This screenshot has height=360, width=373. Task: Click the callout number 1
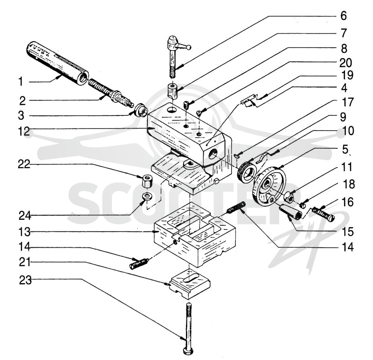(21, 82)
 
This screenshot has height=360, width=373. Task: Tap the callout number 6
(344, 16)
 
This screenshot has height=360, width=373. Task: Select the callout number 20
(345, 63)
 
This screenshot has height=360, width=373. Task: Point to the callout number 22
(24, 164)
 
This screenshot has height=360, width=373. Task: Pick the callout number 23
(26, 280)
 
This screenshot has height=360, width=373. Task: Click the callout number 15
(347, 231)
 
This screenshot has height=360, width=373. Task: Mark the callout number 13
(25, 232)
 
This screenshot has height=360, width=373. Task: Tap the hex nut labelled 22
(146, 181)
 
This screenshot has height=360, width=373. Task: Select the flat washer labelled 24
(147, 197)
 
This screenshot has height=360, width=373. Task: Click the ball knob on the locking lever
(189, 48)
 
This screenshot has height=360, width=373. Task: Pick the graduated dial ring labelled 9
(247, 173)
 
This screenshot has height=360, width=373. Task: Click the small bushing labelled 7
(173, 91)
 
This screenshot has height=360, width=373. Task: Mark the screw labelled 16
(323, 214)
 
